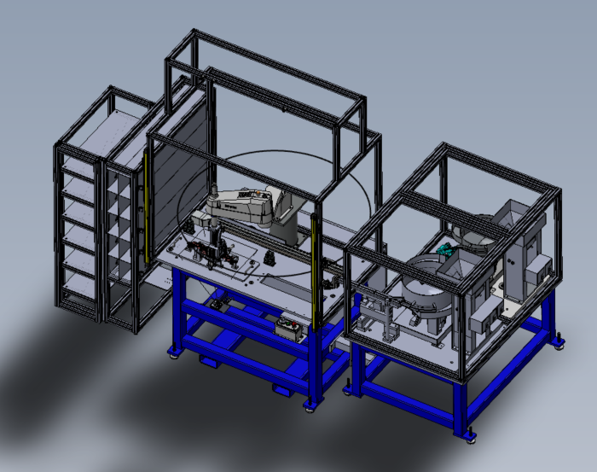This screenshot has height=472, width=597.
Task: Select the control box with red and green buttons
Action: pyautogui.click(x=288, y=328)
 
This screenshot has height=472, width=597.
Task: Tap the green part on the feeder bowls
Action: pyautogui.click(x=444, y=250)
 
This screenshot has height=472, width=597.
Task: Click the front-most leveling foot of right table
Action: pyautogui.click(x=468, y=434)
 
